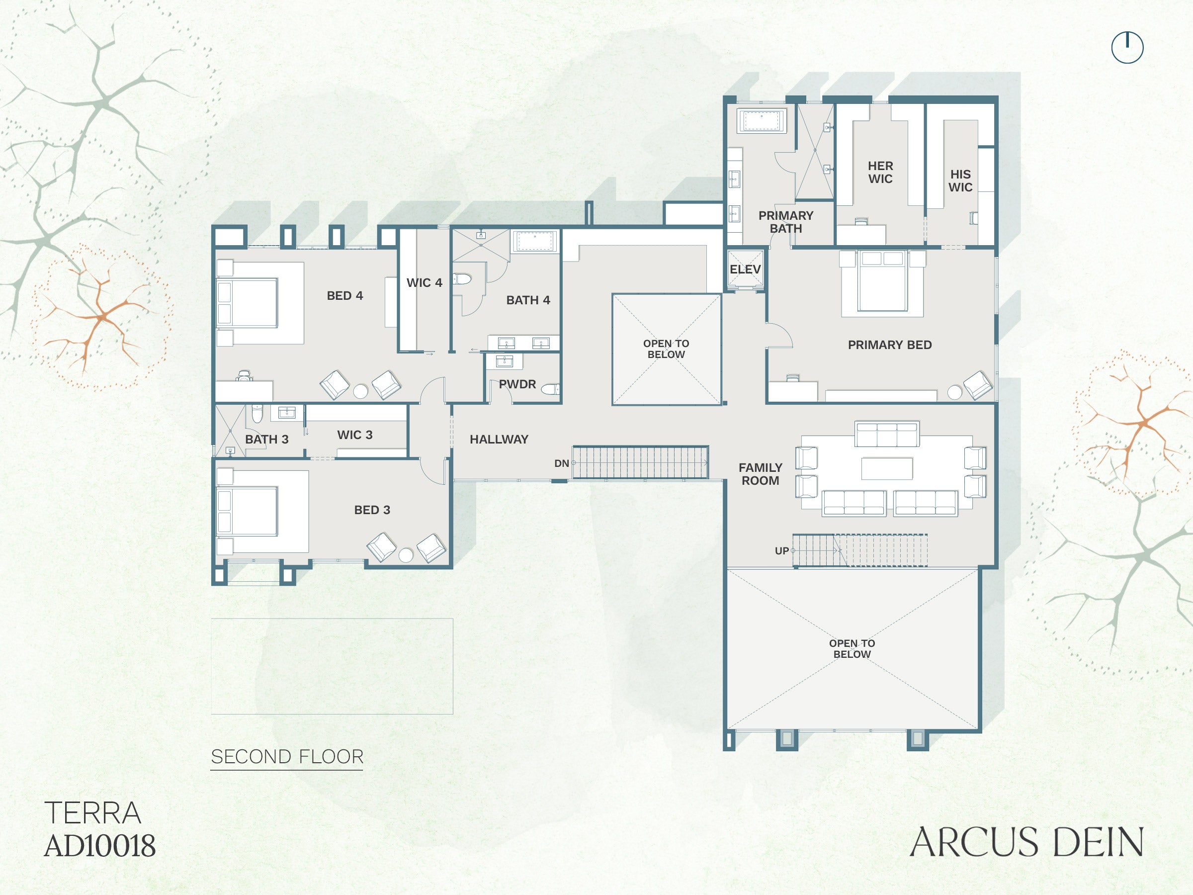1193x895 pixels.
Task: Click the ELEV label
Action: (x=745, y=269)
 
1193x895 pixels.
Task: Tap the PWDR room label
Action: (x=517, y=384)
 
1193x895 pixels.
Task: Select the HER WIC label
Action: (x=880, y=172)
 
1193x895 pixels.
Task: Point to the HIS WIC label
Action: (x=960, y=180)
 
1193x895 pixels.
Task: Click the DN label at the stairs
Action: (x=561, y=463)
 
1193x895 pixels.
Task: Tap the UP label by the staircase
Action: (x=781, y=551)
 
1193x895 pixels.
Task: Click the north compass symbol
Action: (x=1127, y=47)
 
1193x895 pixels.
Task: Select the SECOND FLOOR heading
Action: (x=287, y=756)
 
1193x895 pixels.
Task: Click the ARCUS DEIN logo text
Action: (x=1026, y=842)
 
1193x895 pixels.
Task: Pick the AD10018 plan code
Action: (x=100, y=846)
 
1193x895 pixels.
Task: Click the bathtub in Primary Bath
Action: (x=761, y=120)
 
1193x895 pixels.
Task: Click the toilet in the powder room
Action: (x=551, y=389)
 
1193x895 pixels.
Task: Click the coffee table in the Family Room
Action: (x=887, y=468)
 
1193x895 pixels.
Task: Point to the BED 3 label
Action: (x=372, y=510)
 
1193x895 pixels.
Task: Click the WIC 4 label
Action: (x=425, y=283)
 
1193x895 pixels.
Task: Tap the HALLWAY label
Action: (x=499, y=439)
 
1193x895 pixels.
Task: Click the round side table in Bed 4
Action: (x=360, y=391)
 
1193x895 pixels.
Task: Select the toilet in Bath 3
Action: (x=257, y=414)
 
